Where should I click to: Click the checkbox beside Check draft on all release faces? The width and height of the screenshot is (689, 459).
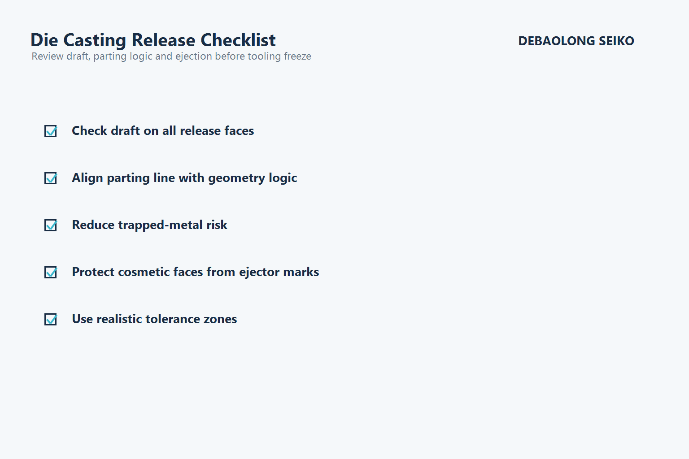(x=51, y=131)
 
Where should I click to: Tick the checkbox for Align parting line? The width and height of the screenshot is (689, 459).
(x=51, y=178)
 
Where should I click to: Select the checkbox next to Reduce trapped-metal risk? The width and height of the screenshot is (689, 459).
(x=51, y=225)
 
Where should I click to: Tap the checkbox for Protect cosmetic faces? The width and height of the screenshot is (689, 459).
(x=51, y=272)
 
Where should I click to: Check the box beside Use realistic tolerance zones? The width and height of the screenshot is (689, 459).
(x=51, y=319)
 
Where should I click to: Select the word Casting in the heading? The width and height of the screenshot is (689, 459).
(x=95, y=41)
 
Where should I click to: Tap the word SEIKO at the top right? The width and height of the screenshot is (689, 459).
(x=616, y=41)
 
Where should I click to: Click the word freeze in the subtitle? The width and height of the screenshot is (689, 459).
(x=297, y=56)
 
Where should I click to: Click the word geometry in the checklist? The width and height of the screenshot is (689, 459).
(x=236, y=178)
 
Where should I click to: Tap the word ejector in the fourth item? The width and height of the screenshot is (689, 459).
(x=260, y=272)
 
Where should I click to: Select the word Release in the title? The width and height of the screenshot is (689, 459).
(x=164, y=40)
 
